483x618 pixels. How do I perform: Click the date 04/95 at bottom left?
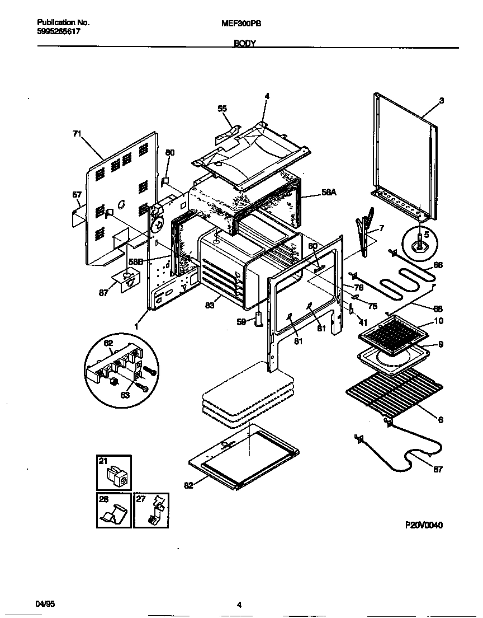[45, 604]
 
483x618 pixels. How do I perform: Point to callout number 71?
[77, 133]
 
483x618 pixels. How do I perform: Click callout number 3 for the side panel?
[441, 101]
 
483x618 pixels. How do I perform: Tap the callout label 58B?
[135, 261]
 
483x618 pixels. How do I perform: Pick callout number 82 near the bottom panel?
[188, 485]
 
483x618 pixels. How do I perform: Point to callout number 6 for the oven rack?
[441, 420]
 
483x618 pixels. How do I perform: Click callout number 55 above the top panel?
[222, 108]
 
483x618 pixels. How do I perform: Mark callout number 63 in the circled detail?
[125, 395]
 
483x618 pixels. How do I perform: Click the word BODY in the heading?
[244, 43]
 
